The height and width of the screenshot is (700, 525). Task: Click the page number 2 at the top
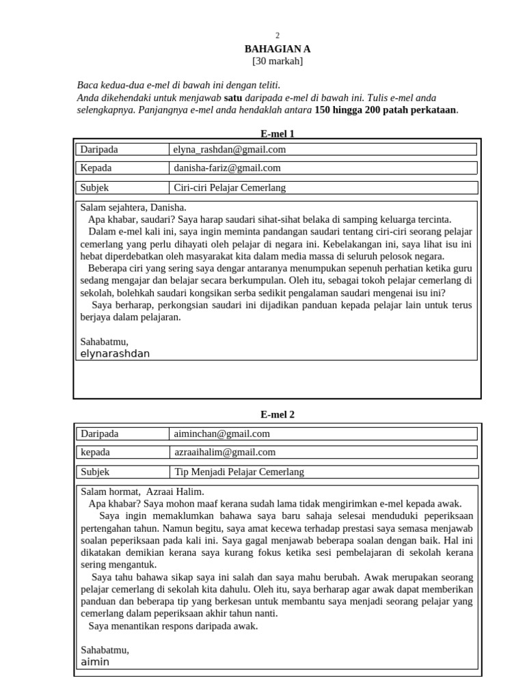[278, 35]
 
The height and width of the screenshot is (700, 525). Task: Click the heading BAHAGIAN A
[278, 49]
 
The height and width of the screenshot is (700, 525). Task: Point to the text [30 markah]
[278, 62]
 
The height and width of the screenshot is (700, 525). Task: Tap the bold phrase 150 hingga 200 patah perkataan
[386, 110]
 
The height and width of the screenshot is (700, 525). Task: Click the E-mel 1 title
[278, 134]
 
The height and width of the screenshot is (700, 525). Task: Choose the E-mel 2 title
[278, 414]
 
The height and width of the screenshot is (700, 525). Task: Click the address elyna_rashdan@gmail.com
[230, 149]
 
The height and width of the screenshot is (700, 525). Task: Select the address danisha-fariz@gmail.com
[227, 168]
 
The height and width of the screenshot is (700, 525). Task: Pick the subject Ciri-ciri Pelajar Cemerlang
[230, 187]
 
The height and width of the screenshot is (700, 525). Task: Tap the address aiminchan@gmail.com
[222, 433]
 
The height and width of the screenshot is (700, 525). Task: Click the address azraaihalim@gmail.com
[225, 453]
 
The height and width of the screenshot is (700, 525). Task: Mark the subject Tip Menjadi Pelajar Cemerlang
[239, 472]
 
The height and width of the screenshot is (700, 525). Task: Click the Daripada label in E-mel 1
[99, 149]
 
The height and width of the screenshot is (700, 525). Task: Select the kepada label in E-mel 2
[95, 453]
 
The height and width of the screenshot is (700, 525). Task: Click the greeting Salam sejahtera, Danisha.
[133, 207]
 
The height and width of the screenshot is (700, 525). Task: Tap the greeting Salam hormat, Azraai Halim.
[142, 492]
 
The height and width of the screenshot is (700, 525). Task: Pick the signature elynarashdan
[115, 353]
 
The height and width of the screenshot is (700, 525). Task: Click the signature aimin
[95, 662]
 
